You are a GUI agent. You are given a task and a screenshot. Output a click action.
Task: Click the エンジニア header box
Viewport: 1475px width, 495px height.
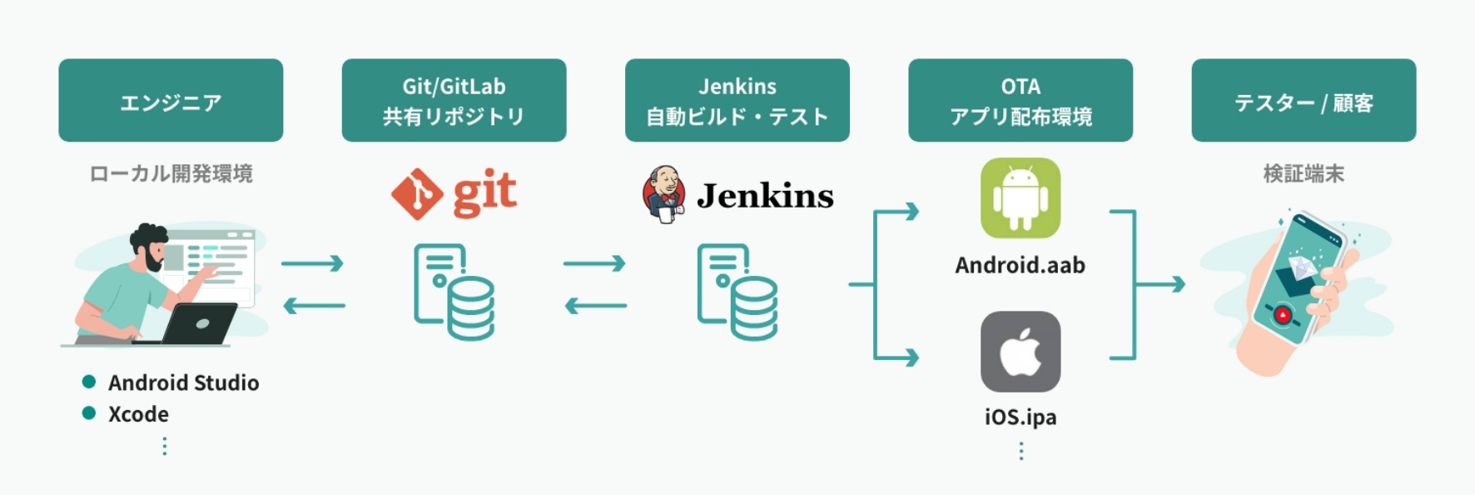(171, 101)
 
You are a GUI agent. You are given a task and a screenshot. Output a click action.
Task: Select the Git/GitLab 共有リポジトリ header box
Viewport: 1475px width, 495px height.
(454, 101)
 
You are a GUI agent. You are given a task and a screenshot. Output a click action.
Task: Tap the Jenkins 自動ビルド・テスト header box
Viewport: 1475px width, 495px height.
(737, 101)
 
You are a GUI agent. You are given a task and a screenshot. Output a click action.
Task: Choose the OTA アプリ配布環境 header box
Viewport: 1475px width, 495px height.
(1020, 101)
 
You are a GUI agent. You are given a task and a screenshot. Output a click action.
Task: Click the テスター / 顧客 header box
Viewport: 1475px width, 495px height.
(1303, 101)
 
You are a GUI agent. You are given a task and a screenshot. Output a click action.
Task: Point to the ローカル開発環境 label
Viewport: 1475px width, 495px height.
(171, 173)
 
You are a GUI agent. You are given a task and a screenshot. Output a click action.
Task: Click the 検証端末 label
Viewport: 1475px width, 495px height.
(1303, 173)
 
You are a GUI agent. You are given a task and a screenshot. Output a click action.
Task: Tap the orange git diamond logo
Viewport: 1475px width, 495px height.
(417, 194)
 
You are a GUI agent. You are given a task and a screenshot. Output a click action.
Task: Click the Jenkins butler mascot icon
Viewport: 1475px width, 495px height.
(663, 194)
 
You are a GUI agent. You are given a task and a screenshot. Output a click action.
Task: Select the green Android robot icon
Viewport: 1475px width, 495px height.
(1020, 198)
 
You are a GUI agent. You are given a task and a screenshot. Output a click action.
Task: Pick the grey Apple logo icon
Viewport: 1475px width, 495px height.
(1020, 352)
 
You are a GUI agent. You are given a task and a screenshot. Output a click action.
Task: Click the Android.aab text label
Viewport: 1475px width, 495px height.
(1020, 265)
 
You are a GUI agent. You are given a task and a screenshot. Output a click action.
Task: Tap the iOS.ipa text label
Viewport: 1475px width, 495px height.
(1020, 417)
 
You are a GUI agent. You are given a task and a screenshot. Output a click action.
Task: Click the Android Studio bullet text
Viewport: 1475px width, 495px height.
(183, 382)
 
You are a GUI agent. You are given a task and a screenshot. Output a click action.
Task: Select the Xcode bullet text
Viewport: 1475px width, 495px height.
(138, 414)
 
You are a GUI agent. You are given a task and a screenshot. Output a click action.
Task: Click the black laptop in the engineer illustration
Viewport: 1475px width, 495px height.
(200, 323)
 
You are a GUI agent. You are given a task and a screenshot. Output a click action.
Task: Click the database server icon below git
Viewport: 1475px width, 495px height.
(454, 292)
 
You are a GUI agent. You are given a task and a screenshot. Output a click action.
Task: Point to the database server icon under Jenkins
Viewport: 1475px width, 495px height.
(737, 292)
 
